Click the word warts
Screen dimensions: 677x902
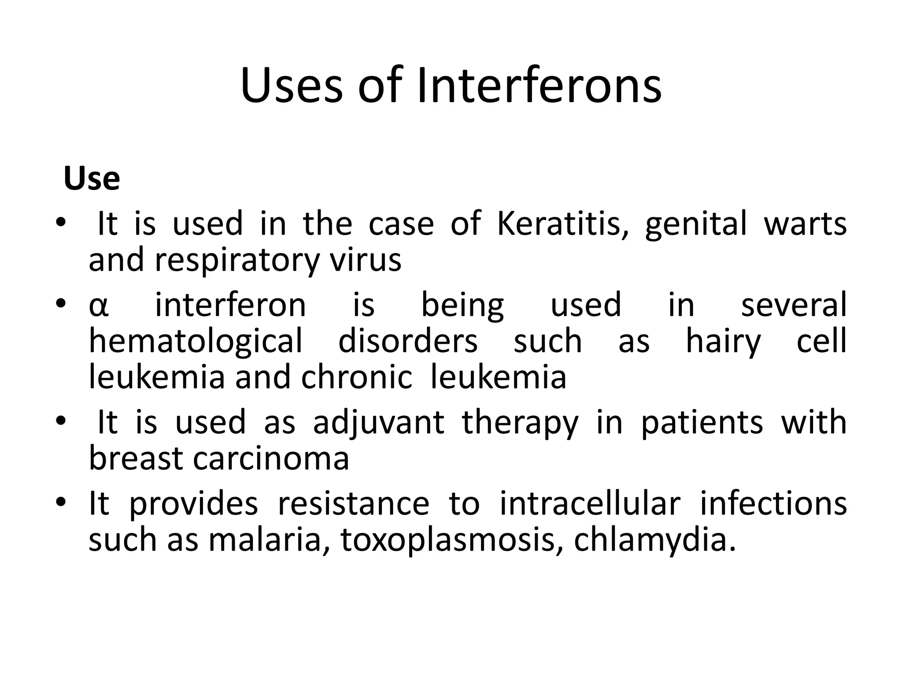(805, 223)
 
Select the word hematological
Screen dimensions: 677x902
(196, 342)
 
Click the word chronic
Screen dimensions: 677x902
(357, 378)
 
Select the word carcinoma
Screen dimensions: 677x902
(271, 459)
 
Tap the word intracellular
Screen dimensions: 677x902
(590, 504)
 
